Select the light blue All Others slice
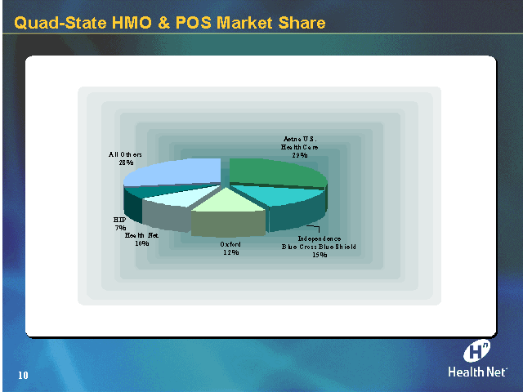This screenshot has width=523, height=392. coord(173,172)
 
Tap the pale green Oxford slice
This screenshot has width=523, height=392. coord(229,201)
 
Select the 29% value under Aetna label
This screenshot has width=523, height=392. coord(300,155)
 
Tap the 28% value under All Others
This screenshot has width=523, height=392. coord(126,163)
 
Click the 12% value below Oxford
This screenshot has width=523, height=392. coord(230,252)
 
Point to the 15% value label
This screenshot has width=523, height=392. coord(320,255)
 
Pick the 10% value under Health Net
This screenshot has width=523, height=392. coord(141,243)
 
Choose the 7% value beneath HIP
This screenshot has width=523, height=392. coord(120,228)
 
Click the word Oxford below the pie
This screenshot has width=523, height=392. coord(230,244)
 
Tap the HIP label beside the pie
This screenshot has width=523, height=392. coord(119,220)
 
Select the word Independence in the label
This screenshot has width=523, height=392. coord(320,238)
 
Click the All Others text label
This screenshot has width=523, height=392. coord(125,154)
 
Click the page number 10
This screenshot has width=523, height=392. coord(23,376)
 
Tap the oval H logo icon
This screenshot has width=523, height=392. coord(476,351)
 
